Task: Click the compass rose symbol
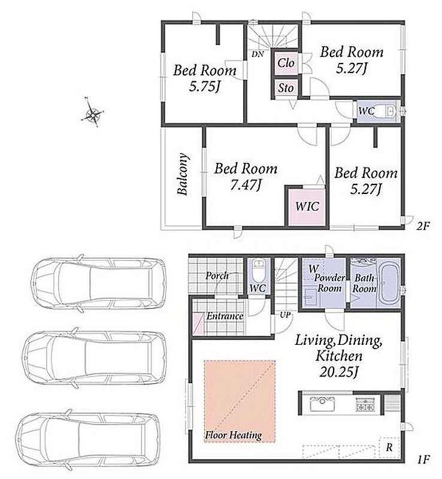pyautogui.click(x=92, y=114)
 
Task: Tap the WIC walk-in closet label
pyautogui.click(x=307, y=206)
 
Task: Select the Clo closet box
pyautogui.click(x=286, y=63)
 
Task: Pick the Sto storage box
pyautogui.click(x=286, y=88)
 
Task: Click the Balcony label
pyautogui.click(x=183, y=174)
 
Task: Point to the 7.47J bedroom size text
pyautogui.click(x=246, y=185)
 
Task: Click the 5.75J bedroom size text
pyautogui.click(x=204, y=87)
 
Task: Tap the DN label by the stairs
pyautogui.click(x=258, y=54)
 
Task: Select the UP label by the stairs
pyautogui.click(x=285, y=315)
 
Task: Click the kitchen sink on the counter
pyautogui.click(x=322, y=404)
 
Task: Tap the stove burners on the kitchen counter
pyautogui.click(x=365, y=404)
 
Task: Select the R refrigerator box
pyautogui.click(x=389, y=447)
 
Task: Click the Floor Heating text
pyautogui.click(x=233, y=435)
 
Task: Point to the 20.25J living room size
pyautogui.click(x=338, y=371)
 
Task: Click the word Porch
pyautogui.click(x=217, y=275)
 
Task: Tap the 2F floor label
pyautogui.click(x=423, y=226)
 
